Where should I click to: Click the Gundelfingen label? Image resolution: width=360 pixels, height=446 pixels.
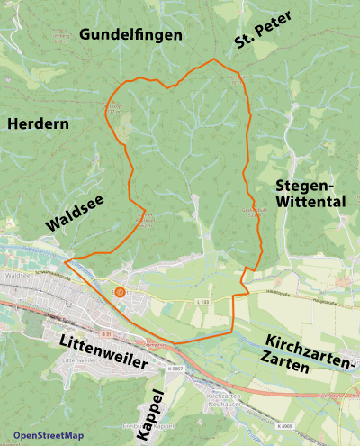point(130,34)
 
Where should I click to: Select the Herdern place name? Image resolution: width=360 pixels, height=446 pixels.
point(38,124)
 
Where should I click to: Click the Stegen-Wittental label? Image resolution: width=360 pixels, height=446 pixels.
point(310,193)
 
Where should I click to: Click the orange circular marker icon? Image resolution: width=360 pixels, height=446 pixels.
point(120,291)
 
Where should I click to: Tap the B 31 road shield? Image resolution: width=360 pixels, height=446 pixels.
point(105,333)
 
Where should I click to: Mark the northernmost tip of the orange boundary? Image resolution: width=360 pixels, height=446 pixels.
point(213,59)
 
